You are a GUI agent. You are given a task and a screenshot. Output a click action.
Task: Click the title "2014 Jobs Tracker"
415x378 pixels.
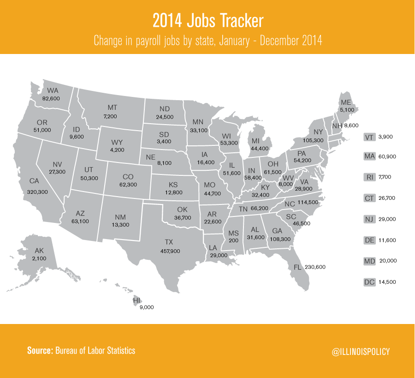coord(207,21)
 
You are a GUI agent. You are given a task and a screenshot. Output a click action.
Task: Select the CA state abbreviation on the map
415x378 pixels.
coord(34,181)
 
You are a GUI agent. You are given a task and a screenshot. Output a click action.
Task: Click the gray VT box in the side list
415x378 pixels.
coord(369,138)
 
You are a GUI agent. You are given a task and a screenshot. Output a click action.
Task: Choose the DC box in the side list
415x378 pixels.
coord(369,282)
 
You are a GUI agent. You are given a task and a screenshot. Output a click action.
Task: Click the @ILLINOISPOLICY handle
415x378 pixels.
coord(361,352)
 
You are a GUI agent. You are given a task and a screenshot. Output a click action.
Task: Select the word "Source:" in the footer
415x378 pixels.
coord(40,350)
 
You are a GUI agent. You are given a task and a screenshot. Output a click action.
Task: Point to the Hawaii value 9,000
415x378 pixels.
coord(147,307)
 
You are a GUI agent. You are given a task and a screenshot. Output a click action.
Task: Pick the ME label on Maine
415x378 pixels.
coord(346,102)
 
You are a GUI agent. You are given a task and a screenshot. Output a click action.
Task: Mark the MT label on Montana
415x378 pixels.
coord(112,108)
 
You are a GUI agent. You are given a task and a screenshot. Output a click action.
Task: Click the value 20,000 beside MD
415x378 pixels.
coord(388,261)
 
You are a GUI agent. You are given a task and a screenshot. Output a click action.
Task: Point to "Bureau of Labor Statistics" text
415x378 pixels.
coord(95,350)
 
